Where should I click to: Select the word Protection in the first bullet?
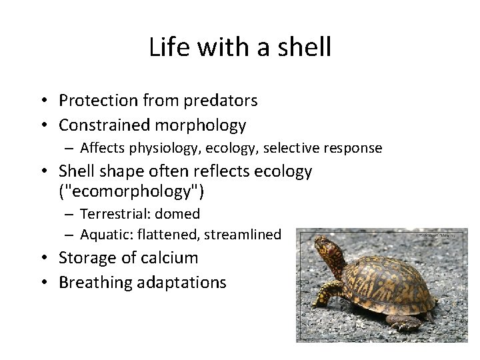click(x=97, y=101)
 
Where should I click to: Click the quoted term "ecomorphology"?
click(x=132, y=192)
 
